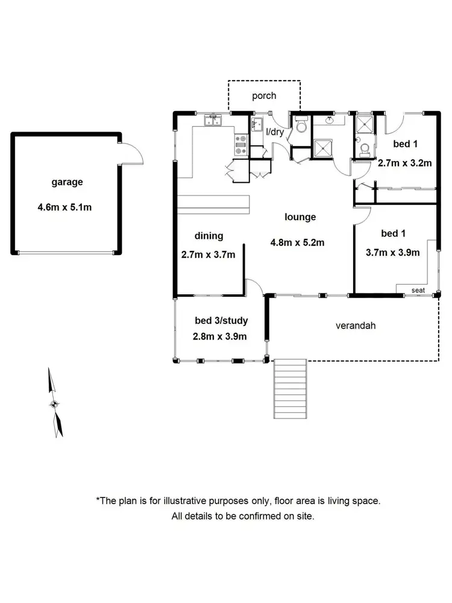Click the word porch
click(x=264, y=95)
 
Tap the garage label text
click(x=66, y=182)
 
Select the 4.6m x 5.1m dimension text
click(x=66, y=207)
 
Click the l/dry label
click(x=275, y=131)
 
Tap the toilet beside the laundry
click(x=301, y=126)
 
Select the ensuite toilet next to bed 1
click(x=363, y=150)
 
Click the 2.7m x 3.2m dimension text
click(x=406, y=163)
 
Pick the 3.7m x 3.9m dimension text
click(x=392, y=253)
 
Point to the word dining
click(x=209, y=236)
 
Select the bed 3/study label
click(x=221, y=320)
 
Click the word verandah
click(x=356, y=326)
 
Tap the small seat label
click(x=418, y=290)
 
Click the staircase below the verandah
click(x=291, y=388)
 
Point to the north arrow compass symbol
click(x=55, y=404)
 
